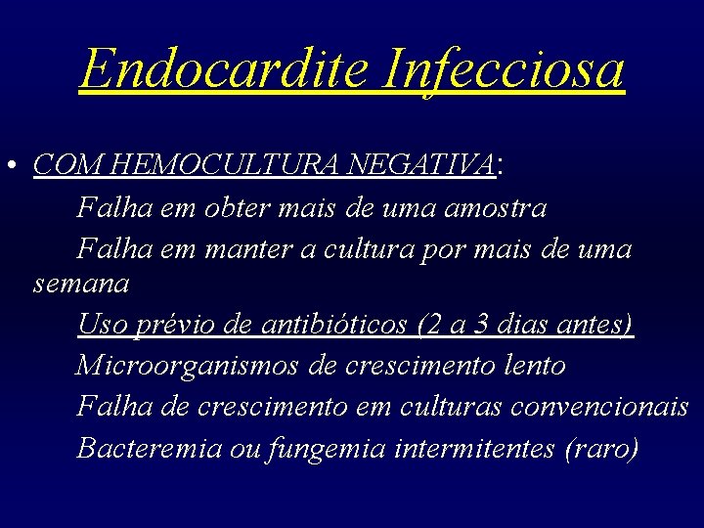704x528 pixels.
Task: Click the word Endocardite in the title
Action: coord(225,68)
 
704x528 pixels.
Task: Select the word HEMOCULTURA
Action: coord(210,164)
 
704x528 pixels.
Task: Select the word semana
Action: coord(80,285)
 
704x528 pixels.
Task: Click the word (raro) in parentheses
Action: coord(600,448)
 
